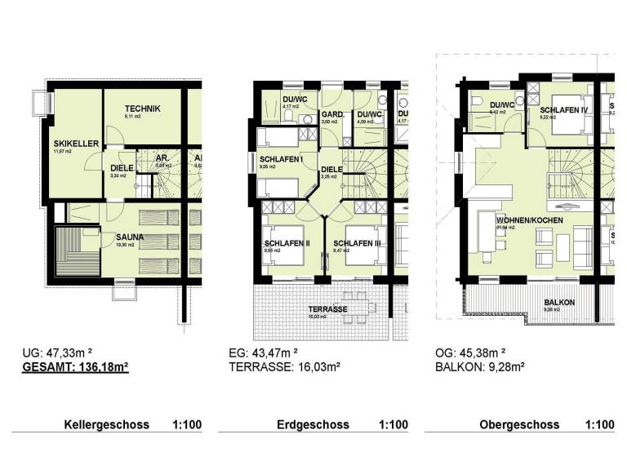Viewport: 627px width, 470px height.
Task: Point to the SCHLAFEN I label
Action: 281,159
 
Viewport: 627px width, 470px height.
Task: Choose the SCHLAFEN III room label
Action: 355,243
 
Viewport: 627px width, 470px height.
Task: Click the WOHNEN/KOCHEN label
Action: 512,219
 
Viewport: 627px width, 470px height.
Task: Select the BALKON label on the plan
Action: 560,303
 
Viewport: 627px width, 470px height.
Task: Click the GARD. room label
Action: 331,115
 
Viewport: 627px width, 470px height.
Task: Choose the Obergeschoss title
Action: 519,425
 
